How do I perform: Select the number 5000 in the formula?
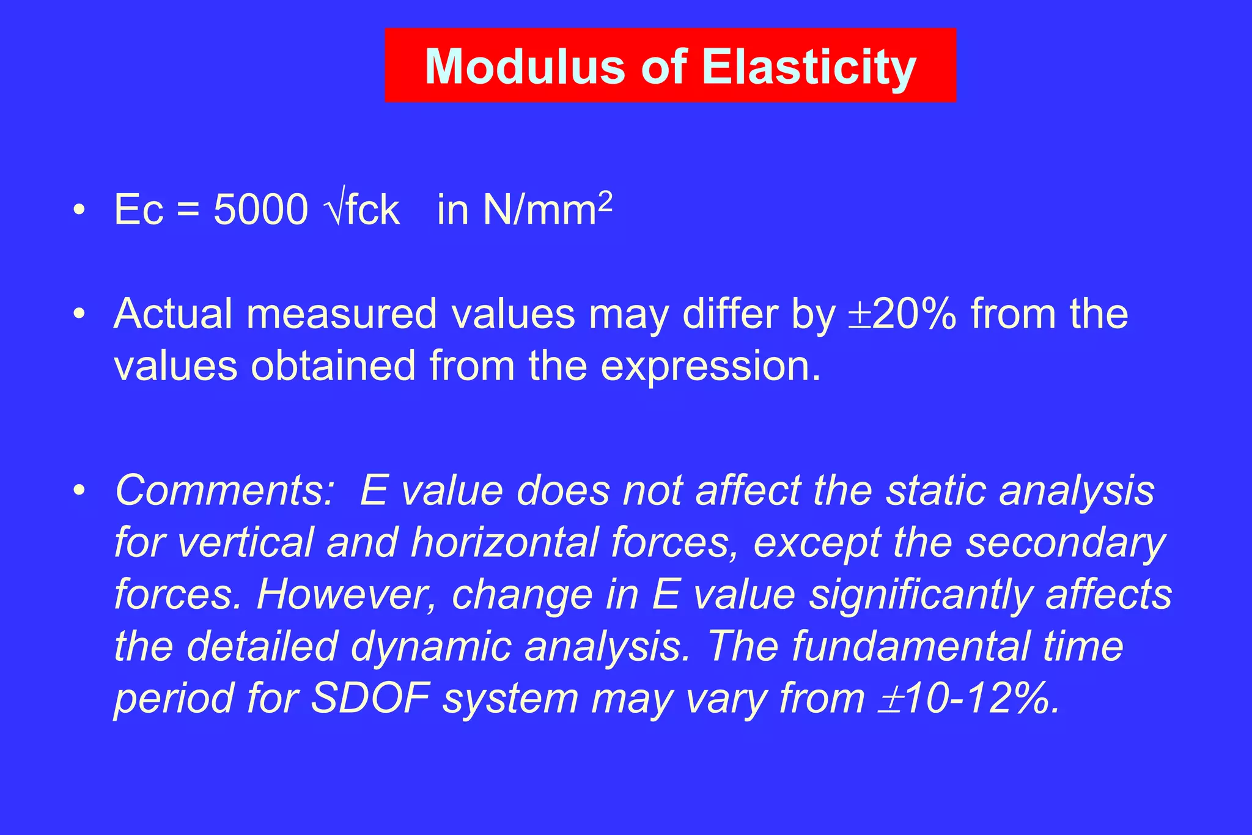coord(260,210)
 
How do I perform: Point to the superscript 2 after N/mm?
coord(605,200)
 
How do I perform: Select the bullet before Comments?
coord(78,491)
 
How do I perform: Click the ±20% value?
coord(902,314)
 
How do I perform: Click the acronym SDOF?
coord(370,698)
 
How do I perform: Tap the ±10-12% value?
coord(968,698)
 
